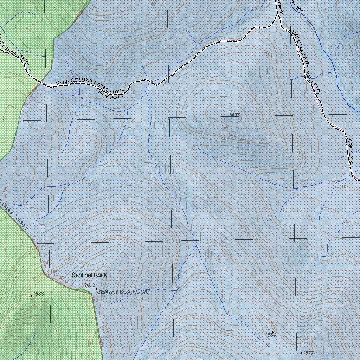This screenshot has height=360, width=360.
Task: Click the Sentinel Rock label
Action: pyautogui.click(x=89, y=275)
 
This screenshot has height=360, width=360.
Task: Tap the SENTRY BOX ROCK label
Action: pyautogui.click(x=122, y=292)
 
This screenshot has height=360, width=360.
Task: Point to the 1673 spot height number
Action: pyautogui.click(x=90, y=284)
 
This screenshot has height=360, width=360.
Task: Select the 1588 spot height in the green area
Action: pyautogui.click(x=38, y=294)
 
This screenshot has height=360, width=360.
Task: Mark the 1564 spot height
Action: pyautogui.click(x=270, y=335)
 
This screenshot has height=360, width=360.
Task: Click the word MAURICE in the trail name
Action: pyautogui.click(x=66, y=82)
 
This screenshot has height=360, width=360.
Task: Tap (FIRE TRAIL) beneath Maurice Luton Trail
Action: pyautogui.click(x=110, y=95)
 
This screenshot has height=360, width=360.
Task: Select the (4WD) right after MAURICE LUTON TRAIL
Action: pyautogui.click(x=117, y=91)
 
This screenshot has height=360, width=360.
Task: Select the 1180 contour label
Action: pyautogui.click(x=343, y=186)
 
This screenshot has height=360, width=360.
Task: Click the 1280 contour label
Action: pyautogui.click(x=266, y=53)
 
